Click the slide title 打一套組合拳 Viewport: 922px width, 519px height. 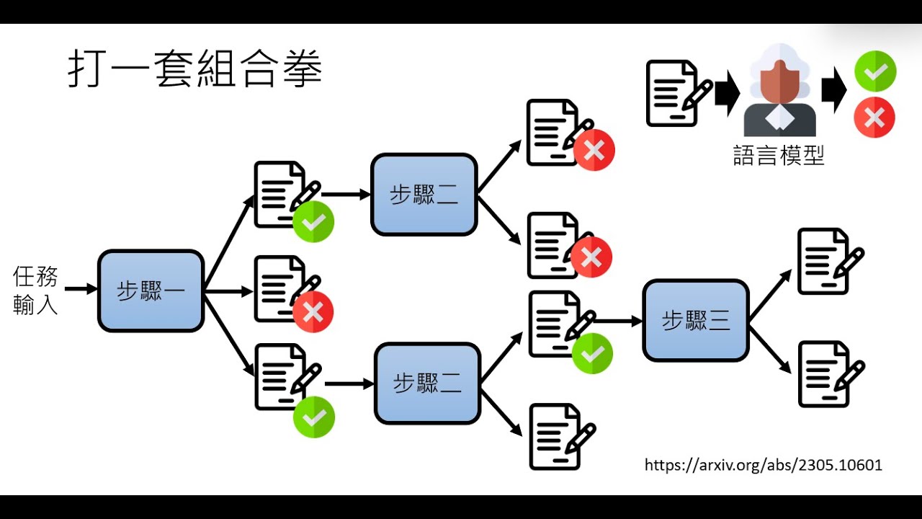click(194, 69)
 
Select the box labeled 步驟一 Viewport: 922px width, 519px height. click(151, 291)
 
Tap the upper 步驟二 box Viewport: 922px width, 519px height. click(424, 195)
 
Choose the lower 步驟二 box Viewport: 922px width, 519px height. click(427, 383)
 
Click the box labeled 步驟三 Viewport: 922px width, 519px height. click(696, 320)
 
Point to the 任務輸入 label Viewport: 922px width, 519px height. click(35, 290)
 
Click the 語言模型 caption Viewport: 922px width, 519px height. click(779, 155)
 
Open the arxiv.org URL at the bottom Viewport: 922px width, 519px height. click(764, 465)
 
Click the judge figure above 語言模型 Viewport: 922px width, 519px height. click(779, 90)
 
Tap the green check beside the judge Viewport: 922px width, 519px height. click(875, 72)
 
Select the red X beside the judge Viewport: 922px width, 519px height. click(874, 117)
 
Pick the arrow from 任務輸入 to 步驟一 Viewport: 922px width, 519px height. click(81, 289)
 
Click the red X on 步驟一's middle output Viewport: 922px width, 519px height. click(313, 311)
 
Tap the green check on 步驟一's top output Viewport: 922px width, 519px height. click(313, 221)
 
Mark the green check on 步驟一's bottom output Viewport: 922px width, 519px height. click(314, 417)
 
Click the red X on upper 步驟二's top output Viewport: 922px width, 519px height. click(594, 150)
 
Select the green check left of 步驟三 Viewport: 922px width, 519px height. click(592, 353)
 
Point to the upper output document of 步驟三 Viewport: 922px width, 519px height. click(828, 261)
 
